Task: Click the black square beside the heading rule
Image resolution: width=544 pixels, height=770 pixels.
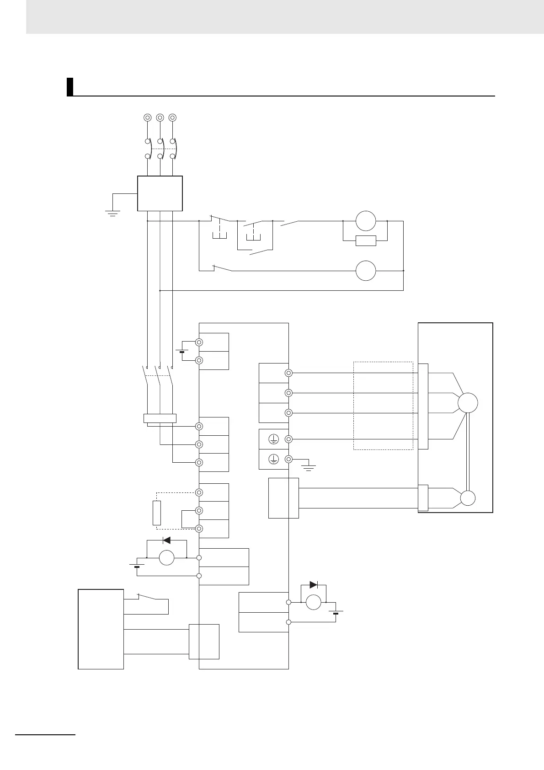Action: [70, 87]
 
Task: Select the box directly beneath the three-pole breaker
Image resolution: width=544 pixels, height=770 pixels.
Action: [160, 193]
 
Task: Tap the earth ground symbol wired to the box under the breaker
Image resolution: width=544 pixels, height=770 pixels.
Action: [112, 213]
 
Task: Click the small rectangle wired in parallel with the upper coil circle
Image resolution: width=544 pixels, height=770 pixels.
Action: [366, 241]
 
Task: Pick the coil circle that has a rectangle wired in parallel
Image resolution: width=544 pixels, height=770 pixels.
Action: [366, 221]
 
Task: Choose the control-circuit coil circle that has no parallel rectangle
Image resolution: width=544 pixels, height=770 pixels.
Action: [366, 271]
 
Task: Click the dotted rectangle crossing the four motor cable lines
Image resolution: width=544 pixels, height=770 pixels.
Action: [383, 406]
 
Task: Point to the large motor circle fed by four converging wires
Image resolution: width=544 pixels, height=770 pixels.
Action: [468, 403]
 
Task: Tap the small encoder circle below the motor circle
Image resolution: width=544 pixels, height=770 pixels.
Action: [468, 498]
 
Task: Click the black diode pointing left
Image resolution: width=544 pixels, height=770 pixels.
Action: [167, 540]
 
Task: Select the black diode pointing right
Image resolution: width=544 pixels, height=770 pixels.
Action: [313, 584]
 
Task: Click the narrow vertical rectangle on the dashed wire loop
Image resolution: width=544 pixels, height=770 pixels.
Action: [156, 513]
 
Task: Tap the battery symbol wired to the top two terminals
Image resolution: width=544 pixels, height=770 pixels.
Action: [182, 351]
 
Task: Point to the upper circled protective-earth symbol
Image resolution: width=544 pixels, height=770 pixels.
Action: [273, 439]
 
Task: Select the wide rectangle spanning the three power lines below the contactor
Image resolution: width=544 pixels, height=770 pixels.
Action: [160, 418]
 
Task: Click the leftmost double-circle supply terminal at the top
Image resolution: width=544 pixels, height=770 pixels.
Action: [147, 118]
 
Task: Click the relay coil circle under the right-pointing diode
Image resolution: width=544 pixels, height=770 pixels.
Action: [313, 602]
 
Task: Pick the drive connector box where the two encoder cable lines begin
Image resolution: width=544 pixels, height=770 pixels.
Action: [283, 498]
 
